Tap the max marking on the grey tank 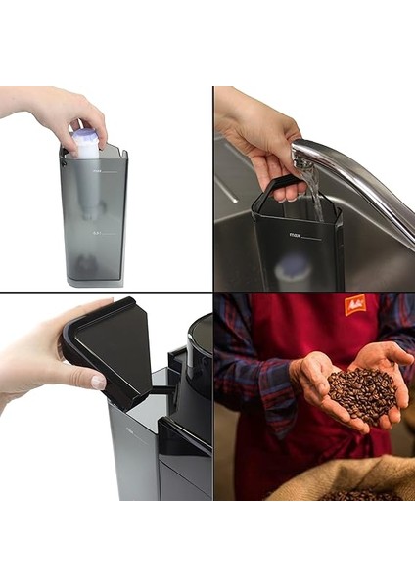point(98,169)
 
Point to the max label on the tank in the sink point(295,236)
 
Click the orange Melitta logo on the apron point(354,304)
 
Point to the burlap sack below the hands point(343,479)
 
